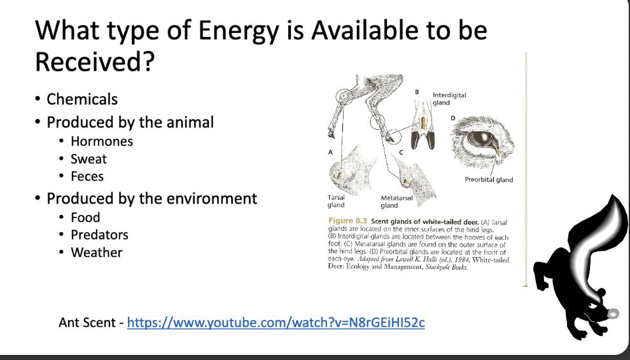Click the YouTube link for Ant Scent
[276, 322]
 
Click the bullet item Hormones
[102, 141]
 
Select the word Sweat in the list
[88, 159]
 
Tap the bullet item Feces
[87, 176]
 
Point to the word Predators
[99, 235]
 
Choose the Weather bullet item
[96, 253]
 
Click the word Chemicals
[82, 99]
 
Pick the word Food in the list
[85, 218]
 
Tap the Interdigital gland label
[449, 99]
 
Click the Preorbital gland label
[489, 179]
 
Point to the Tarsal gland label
[336, 201]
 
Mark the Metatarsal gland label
[396, 202]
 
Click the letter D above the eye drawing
[453, 118]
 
